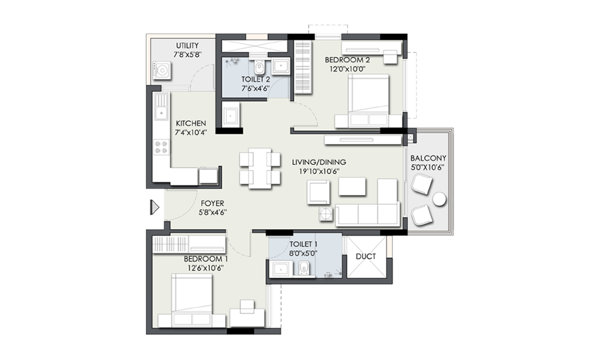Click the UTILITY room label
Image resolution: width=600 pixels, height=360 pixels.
pos(187,46)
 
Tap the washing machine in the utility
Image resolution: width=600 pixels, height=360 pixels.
pos(162,71)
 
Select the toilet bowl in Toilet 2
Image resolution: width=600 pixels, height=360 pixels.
pos(259,67)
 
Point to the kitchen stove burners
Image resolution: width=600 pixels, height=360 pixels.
pos(161,147)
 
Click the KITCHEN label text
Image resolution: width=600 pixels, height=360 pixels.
pos(191,124)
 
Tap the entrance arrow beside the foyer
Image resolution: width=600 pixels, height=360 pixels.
pos(154,207)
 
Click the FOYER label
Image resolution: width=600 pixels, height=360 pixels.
pos(212,203)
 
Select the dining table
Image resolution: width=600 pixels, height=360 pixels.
pos(260,169)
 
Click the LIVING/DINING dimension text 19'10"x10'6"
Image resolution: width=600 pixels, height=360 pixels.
pos(319,172)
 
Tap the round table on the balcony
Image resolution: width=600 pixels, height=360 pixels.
pos(439,199)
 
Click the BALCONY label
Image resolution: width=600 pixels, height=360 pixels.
pos(428,158)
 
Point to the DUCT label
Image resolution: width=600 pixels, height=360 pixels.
pos(366,256)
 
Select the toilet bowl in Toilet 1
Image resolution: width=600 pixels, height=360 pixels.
pos(304,268)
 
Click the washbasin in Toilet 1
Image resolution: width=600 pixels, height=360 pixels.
pos(280,269)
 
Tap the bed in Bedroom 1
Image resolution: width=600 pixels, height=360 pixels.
pos(192,300)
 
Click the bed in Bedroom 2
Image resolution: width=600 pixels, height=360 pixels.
pos(368,100)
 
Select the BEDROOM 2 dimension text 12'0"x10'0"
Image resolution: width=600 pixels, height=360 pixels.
pos(347,69)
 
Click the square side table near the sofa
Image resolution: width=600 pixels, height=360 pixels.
pos(326,214)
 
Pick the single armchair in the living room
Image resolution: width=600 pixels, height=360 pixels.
pos(319,192)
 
